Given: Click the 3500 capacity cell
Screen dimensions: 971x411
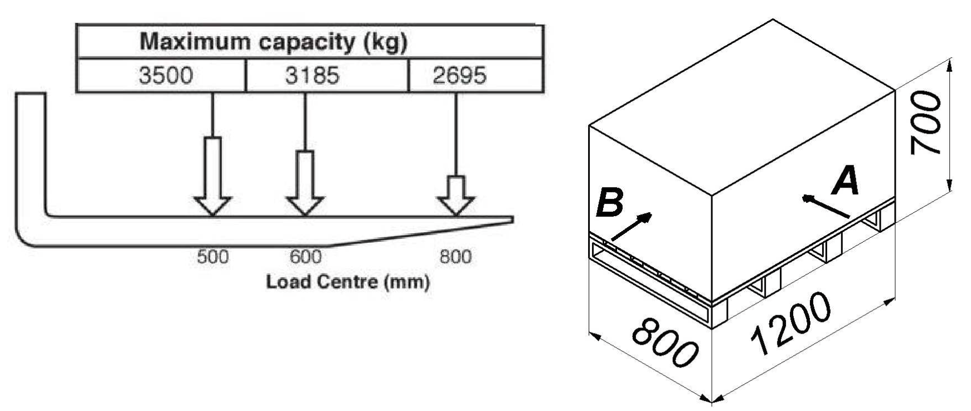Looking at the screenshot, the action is (x=161, y=75).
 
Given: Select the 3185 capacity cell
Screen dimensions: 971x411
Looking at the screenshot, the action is (x=327, y=75).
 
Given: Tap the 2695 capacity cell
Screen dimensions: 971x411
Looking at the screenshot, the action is (x=475, y=75).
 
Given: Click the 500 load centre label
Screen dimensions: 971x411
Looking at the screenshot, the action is (x=213, y=257).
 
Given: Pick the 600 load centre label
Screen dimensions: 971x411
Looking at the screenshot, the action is (x=305, y=257).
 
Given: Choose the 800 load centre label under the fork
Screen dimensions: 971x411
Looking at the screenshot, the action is (x=455, y=257).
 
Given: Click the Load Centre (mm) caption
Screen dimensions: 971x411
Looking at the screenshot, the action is (x=348, y=282).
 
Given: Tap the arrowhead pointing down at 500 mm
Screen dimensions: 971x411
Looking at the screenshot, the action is (x=213, y=205).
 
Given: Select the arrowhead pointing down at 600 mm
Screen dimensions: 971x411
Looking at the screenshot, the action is (x=305, y=205).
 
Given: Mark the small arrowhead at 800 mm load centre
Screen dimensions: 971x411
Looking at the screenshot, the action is (x=456, y=205).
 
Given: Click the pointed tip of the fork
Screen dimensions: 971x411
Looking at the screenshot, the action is (x=512, y=219).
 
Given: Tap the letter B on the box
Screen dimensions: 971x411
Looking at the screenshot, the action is (x=610, y=203).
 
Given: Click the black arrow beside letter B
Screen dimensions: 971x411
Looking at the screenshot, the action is (x=632, y=228).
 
